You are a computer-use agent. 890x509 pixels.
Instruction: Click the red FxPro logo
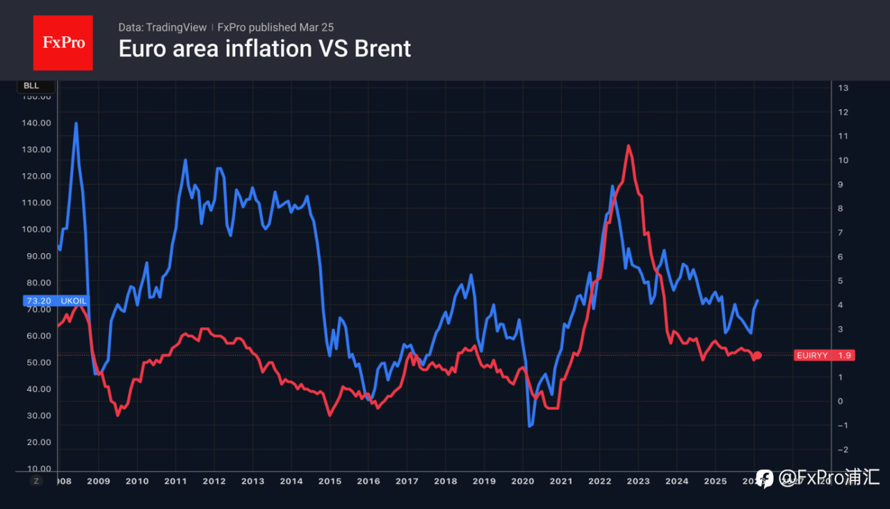click(63, 42)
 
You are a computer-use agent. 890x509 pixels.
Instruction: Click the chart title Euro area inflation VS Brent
click(264, 49)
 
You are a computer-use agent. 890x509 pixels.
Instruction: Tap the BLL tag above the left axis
click(31, 86)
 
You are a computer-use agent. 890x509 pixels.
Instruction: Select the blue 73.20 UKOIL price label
click(56, 301)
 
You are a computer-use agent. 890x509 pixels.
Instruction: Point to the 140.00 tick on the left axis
click(36, 123)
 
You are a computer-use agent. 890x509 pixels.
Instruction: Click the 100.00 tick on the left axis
click(36, 229)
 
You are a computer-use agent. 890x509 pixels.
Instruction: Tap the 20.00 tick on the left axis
click(36, 442)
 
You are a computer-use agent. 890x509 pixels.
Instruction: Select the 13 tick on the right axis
click(843, 88)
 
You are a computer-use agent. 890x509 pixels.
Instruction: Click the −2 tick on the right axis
click(843, 450)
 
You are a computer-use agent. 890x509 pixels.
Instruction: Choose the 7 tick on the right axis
click(843, 232)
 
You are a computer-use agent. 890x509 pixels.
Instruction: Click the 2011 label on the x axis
click(175, 481)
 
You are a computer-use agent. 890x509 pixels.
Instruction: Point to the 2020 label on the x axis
click(522, 481)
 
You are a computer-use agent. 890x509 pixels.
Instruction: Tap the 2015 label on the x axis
click(330, 481)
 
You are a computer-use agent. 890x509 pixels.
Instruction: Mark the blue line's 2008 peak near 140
click(76, 124)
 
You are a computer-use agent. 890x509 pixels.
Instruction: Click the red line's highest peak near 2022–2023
click(628, 146)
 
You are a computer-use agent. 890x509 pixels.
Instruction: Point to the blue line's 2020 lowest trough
click(531, 426)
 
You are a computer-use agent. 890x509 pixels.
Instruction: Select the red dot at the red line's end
click(758, 355)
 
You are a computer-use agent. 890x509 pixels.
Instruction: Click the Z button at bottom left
click(36, 480)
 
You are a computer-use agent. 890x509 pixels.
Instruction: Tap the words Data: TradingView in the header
click(162, 27)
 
